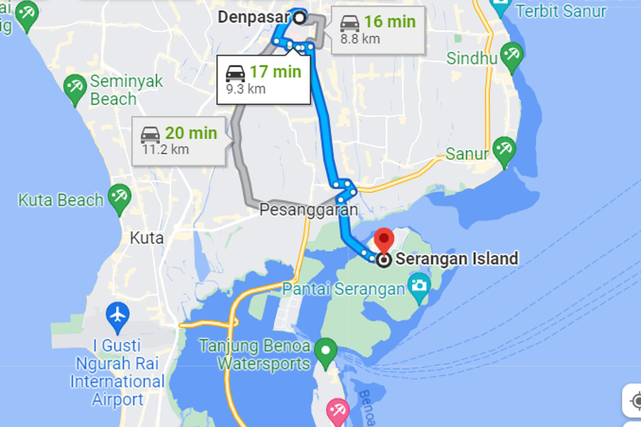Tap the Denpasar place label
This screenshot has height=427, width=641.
coord(253,17)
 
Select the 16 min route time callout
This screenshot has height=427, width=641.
coord(378,30)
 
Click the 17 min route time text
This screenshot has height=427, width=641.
coord(276,72)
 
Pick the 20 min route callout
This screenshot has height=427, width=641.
coord(179,141)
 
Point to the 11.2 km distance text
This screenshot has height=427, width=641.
coord(165,149)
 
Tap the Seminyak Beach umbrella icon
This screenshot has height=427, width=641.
coord(75,87)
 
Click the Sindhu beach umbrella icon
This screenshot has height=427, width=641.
coord(512,56)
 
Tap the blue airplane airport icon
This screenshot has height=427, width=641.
coord(118,314)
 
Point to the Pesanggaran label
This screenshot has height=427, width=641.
coord(308,210)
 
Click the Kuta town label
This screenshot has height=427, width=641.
coord(147,238)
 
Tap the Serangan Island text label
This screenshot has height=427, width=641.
coord(457,259)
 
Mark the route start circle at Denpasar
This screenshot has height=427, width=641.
coord(300,18)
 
